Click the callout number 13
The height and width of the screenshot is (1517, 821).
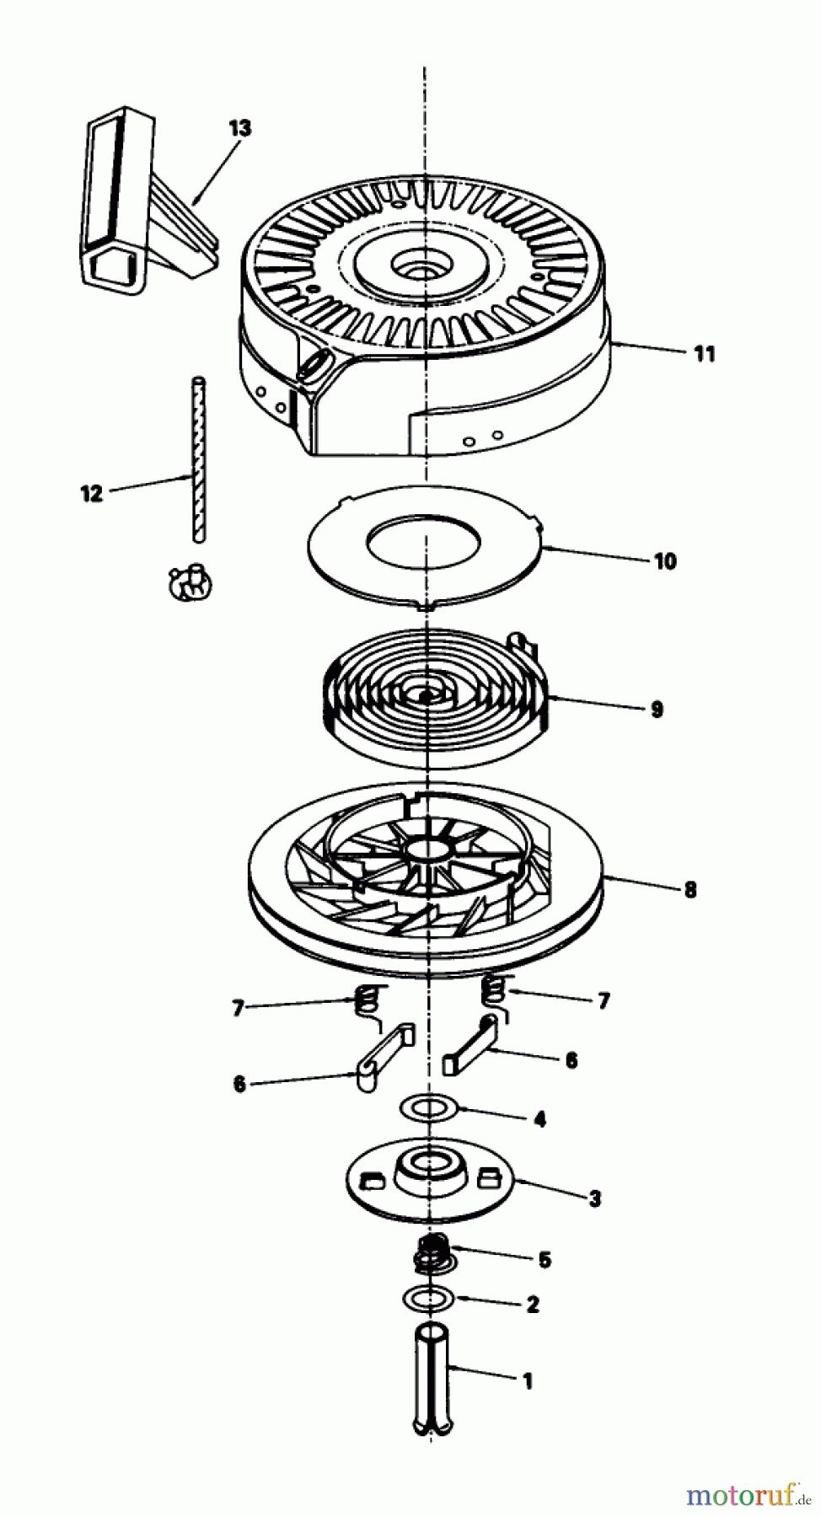coord(240,128)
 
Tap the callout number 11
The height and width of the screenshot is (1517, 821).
coord(705,354)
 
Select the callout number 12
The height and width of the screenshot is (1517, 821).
coord(91,493)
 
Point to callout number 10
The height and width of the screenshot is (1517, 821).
coord(665,560)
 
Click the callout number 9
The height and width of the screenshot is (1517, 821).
coord(657,709)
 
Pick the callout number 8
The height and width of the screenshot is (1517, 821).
coord(690,889)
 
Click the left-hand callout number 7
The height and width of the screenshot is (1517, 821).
coord(238,1007)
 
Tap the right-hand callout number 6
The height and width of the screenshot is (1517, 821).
coord(571,1060)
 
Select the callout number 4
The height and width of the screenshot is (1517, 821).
coord(539,1119)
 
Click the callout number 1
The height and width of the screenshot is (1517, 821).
coord(528,1381)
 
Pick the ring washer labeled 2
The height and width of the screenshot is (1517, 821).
coord(429,1297)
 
